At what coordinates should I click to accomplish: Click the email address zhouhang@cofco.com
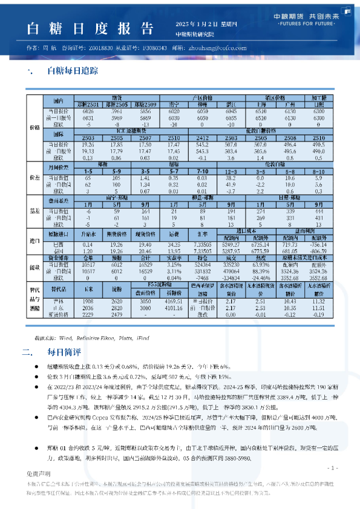pyautogui.click(x=217, y=47)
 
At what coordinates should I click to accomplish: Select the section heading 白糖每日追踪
pyautogui.click(x=72, y=70)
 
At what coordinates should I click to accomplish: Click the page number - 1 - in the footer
pyautogui.click(x=332, y=468)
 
